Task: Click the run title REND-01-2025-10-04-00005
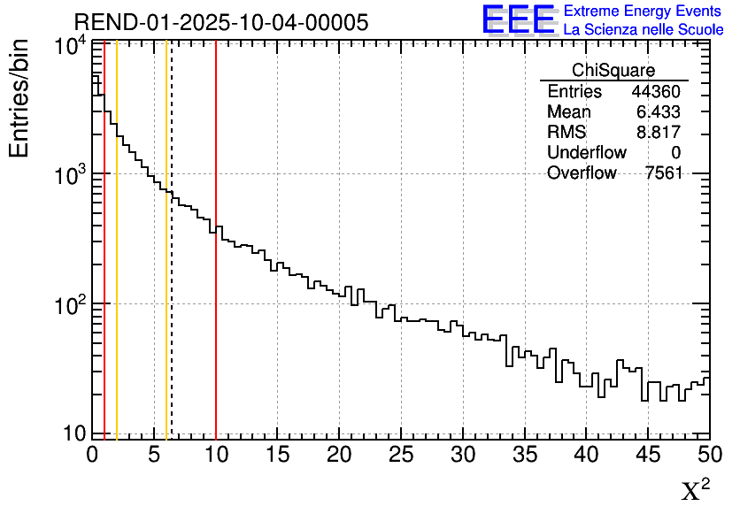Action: click(x=220, y=22)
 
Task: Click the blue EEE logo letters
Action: click(x=518, y=19)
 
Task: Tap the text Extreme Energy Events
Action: click(x=644, y=11)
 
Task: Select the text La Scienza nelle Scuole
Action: click(x=644, y=30)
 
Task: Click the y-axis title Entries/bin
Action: click(x=19, y=97)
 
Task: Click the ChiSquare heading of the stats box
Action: click(x=613, y=70)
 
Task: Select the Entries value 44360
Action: click(x=656, y=92)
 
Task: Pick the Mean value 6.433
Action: click(x=659, y=112)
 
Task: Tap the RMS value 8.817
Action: click(x=659, y=133)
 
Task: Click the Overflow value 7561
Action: click(x=664, y=173)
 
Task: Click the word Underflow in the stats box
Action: click(x=587, y=153)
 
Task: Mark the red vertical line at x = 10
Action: click(x=216, y=265)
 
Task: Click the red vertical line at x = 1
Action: click(x=104, y=265)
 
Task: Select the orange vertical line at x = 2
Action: click(x=117, y=265)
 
